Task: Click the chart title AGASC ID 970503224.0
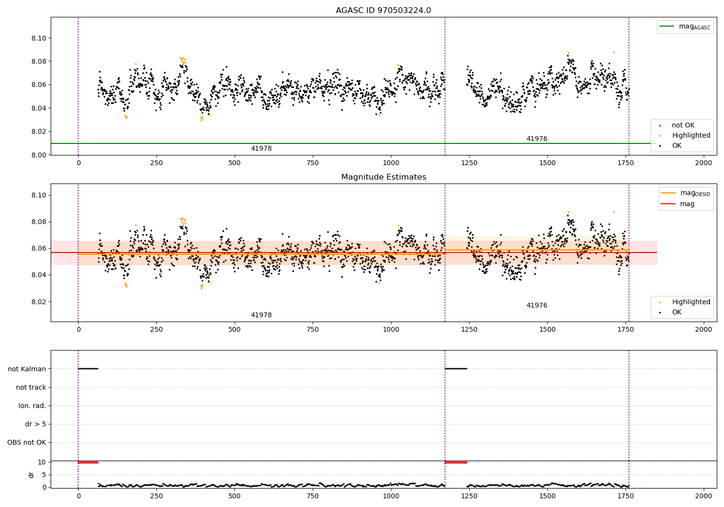[383, 11]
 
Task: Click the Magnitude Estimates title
[383, 177]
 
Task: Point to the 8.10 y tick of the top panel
[39, 38]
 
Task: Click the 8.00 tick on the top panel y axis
[39, 155]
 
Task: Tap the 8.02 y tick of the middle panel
[39, 302]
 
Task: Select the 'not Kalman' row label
[27, 369]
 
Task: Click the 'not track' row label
[31, 387]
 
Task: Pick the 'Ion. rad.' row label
[32, 406]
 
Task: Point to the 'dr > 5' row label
[36, 424]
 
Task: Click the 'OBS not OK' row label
[27, 442]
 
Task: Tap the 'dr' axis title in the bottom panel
[31, 475]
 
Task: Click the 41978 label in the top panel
[261, 149]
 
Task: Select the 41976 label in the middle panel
[537, 306]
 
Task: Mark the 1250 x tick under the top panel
[469, 163]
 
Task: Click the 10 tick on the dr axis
[42, 462]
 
